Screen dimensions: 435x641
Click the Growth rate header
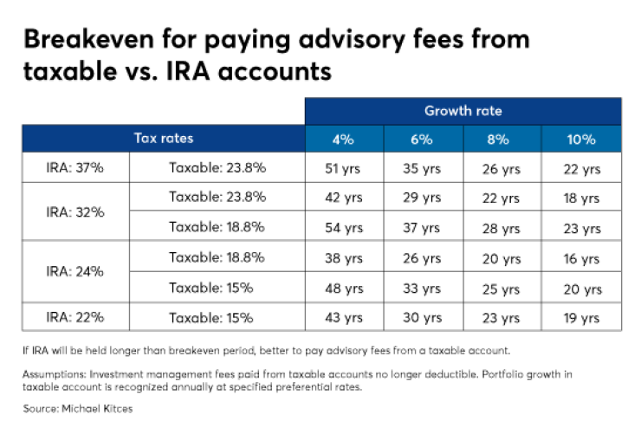[x=463, y=111]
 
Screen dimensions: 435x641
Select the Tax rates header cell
[x=164, y=139]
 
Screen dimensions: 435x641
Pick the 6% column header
[x=422, y=140]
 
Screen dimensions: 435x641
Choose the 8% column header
[x=501, y=140]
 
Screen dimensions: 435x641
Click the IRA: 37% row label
[x=74, y=168]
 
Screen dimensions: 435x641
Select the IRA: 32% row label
[x=74, y=211]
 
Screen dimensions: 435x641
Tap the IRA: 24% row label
[x=74, y=271]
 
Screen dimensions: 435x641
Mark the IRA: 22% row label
[x=74, y=317]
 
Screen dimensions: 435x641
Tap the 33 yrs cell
[x=422, y=288]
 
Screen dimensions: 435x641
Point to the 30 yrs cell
[x=422, y=318]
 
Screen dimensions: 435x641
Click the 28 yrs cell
[x=501, y=228]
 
